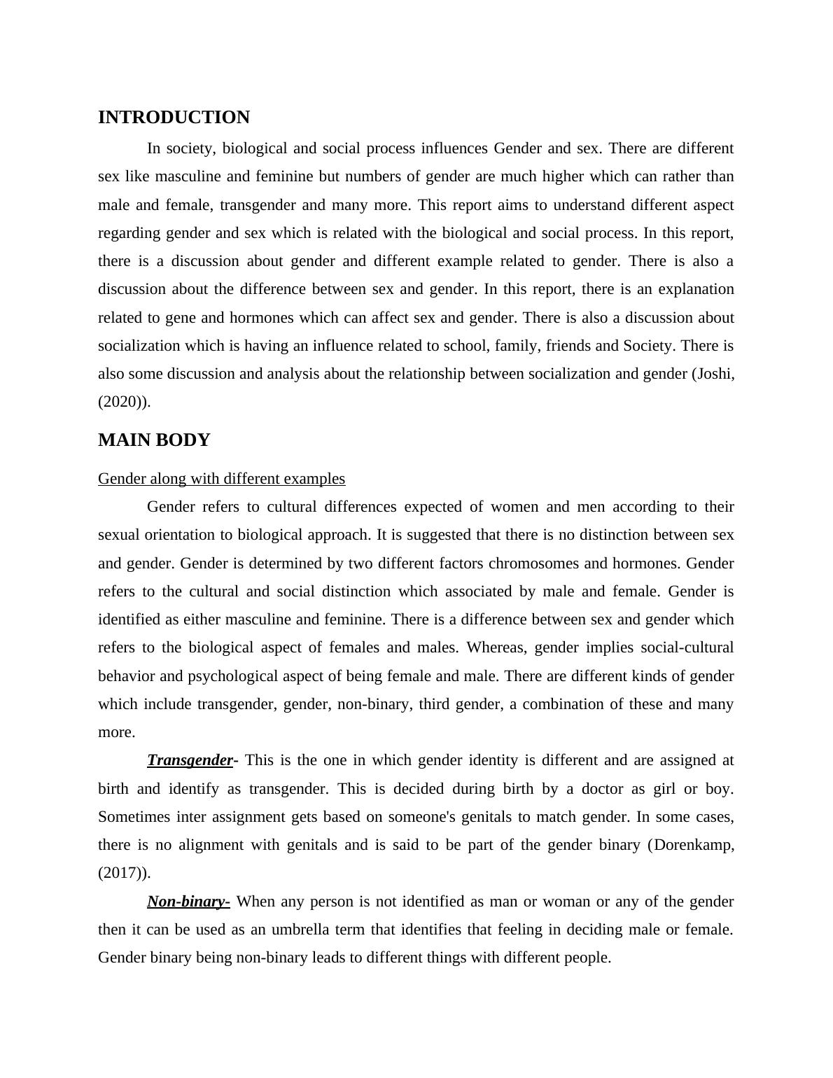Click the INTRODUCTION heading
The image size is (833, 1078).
[174, 118]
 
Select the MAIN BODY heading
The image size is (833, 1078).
[154, 440]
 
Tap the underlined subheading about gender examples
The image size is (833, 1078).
[221, 479]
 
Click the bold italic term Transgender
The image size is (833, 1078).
[190, 760]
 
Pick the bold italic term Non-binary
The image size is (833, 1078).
[188, 902]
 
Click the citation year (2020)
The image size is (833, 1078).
[122, 402]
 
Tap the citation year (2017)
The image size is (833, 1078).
[122, 873]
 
